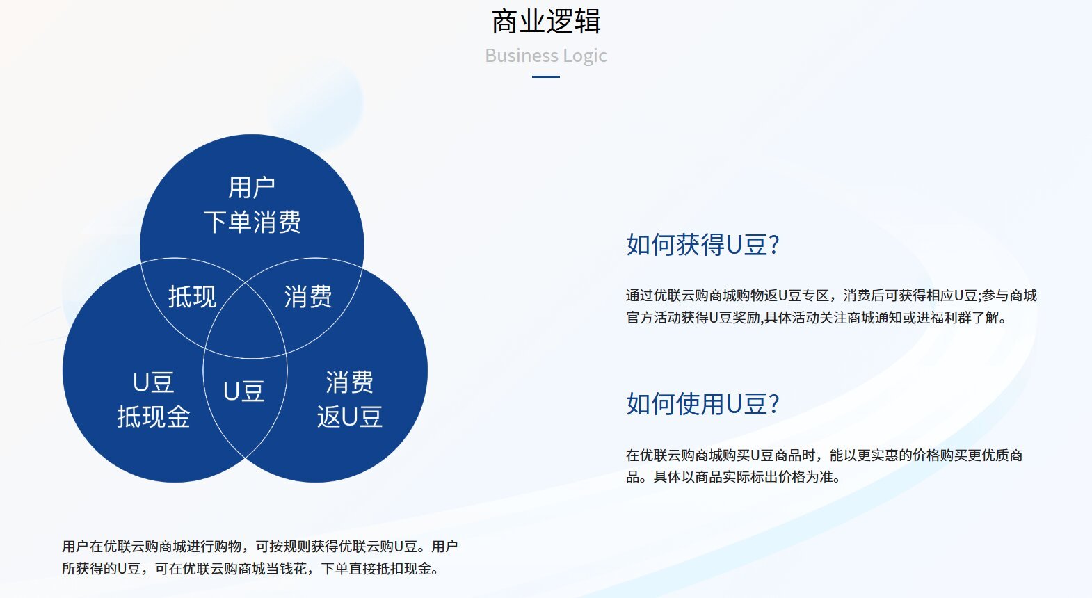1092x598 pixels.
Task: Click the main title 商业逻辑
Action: (546, 22)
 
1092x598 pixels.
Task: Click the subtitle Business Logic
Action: (546, 56)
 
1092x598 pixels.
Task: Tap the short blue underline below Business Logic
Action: (546, 76)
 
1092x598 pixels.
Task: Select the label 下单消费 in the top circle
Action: (252, 222)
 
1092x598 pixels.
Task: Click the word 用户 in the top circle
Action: (252, 188)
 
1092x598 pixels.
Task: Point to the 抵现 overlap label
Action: (192, 296)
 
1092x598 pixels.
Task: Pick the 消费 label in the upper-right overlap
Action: (308, 296)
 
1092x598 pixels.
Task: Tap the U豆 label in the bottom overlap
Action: (243, 391)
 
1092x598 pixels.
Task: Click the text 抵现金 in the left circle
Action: (154, 417)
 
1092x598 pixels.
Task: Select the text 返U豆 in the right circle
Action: (350, 417)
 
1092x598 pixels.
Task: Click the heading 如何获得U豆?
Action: (702, 245)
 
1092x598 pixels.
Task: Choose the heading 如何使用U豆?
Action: (702, 404)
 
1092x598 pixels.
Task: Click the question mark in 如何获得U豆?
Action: (773, 245)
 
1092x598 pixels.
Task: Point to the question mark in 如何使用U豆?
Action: (773, 404)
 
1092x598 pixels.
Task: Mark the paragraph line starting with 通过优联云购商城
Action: (831, 296)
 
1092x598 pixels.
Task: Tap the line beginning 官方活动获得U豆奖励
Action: (816, 318)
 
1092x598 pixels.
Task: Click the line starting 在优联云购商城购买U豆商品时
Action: (824, 455)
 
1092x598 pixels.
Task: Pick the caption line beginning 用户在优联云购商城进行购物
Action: (260, 547)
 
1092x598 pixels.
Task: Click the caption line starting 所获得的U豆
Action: (250, 569)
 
